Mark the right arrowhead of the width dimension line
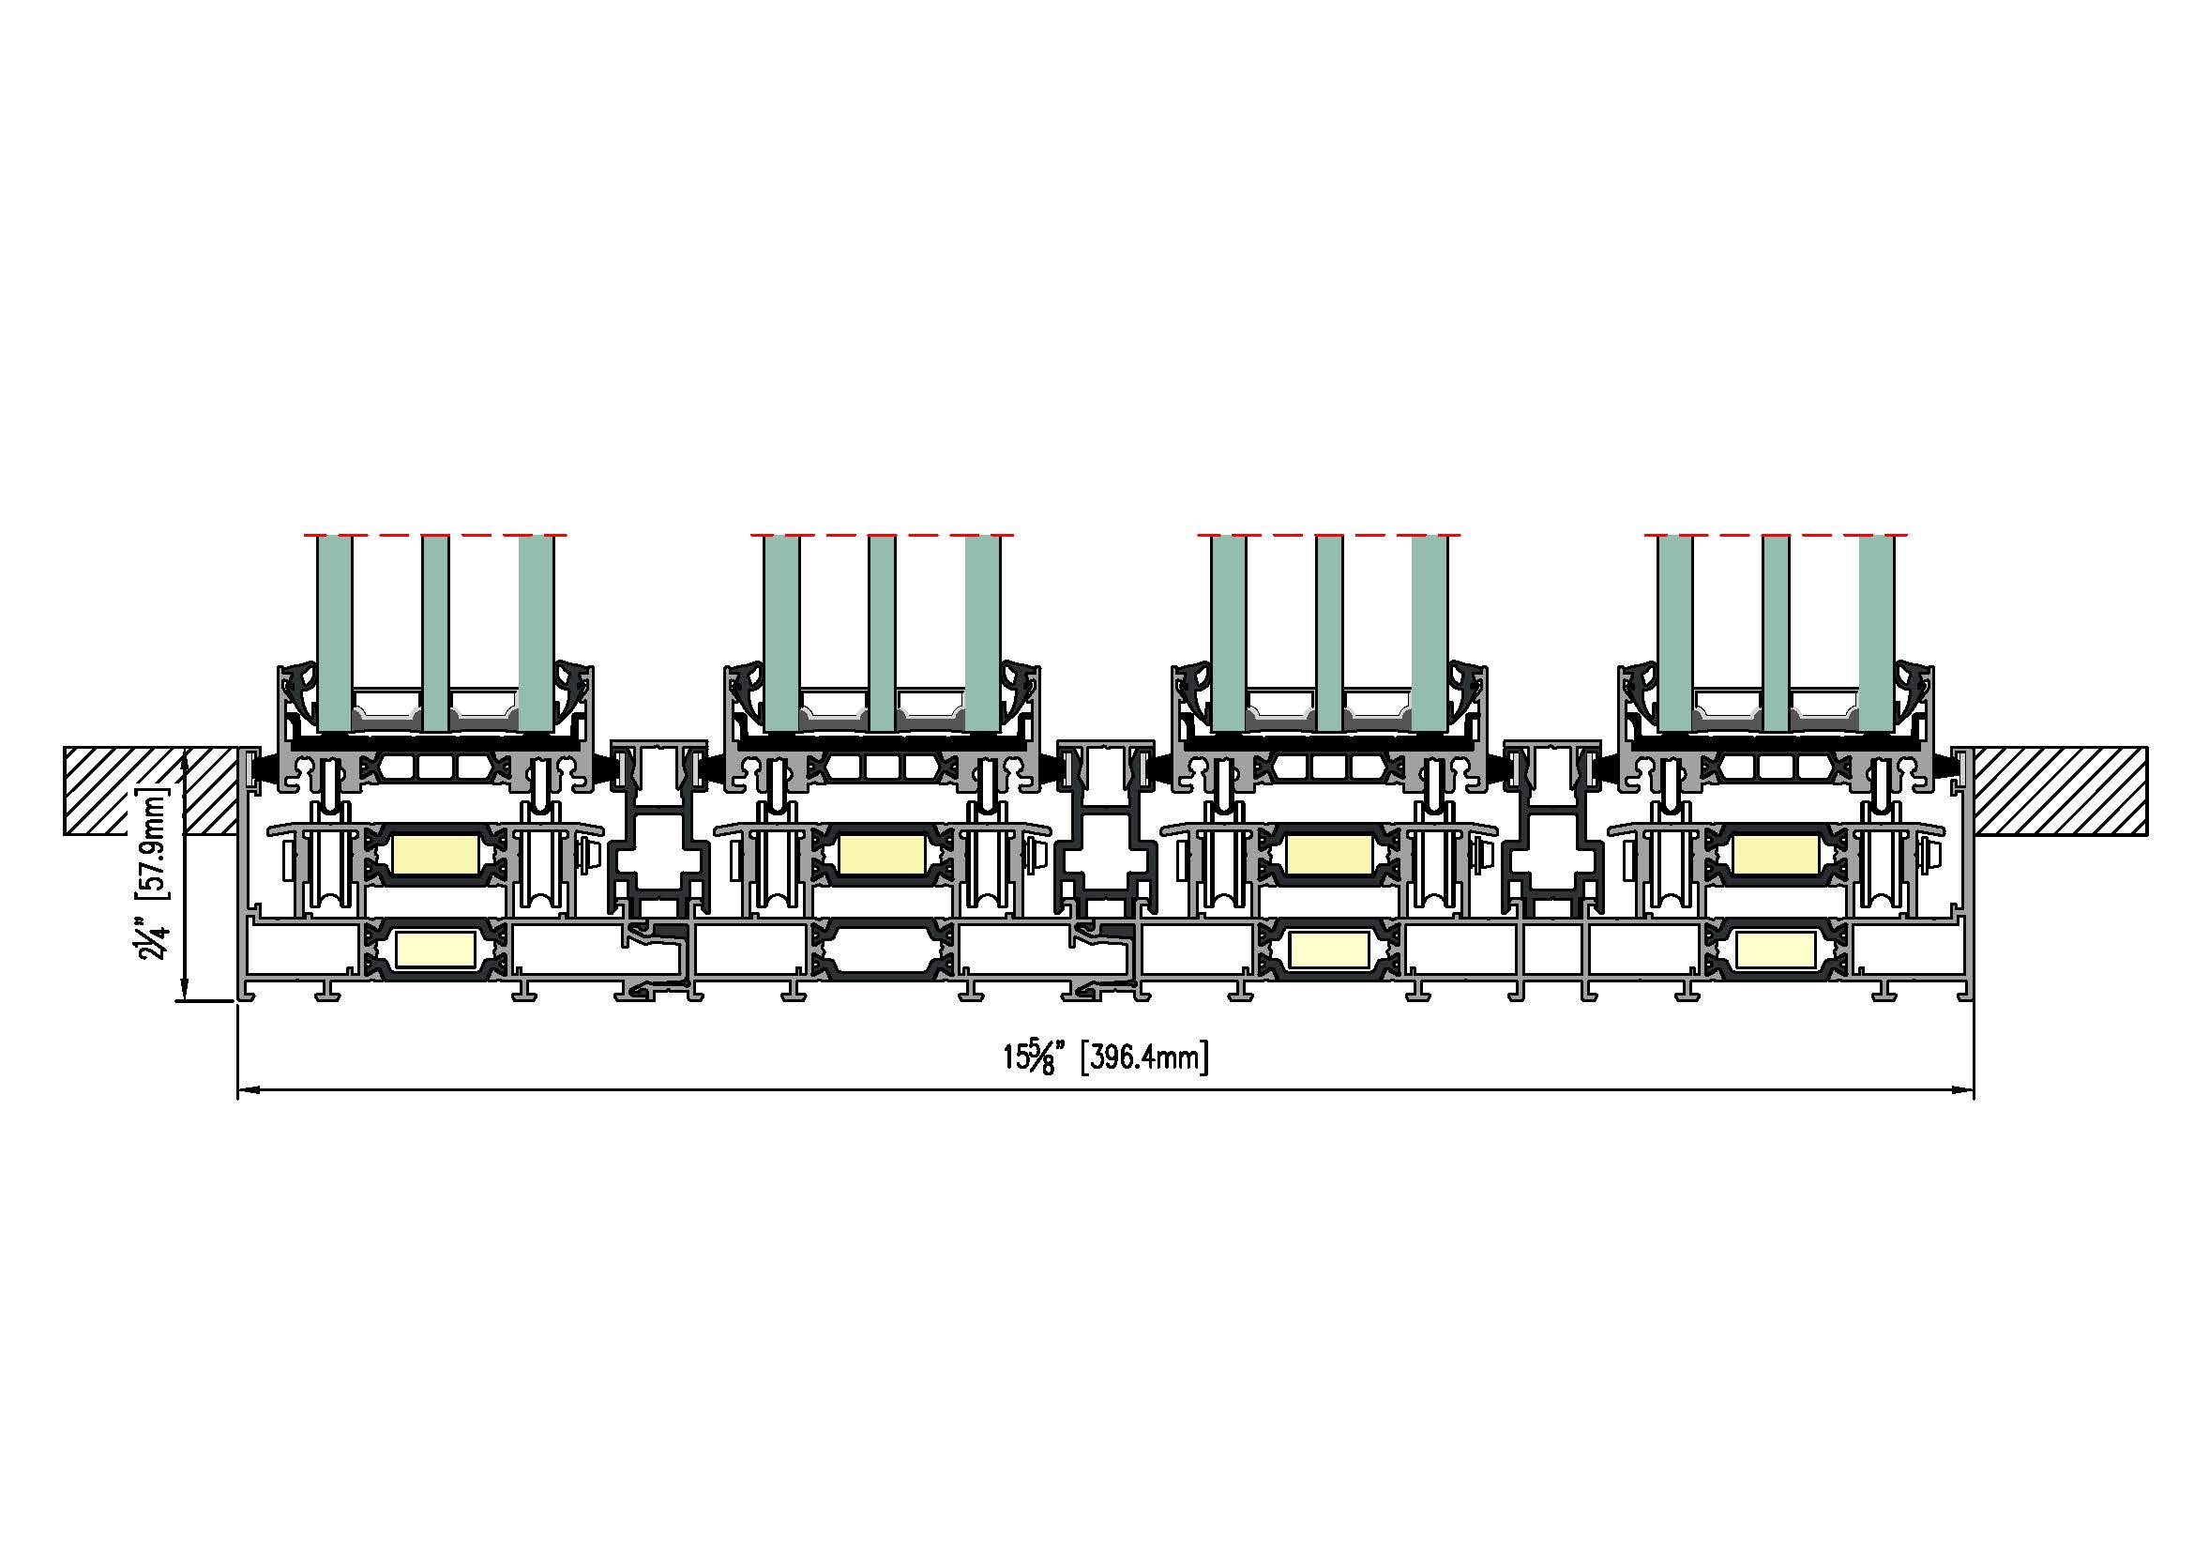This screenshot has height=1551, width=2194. [x=1961, y=1089]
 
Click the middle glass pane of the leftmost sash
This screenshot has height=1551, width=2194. [x=436, y=632]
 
